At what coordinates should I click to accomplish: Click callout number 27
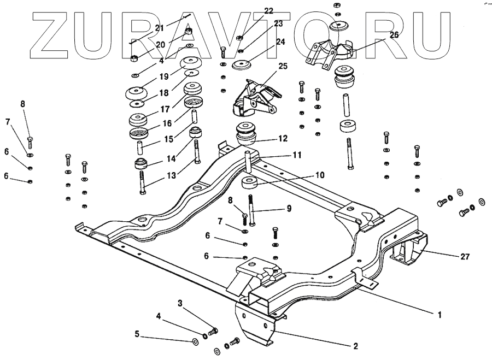465,256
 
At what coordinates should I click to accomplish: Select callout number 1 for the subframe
438,315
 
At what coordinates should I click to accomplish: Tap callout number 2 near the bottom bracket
355,346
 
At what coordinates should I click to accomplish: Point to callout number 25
283,66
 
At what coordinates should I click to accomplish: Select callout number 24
280,42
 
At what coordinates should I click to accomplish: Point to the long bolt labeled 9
251,210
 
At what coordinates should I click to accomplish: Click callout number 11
296,155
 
